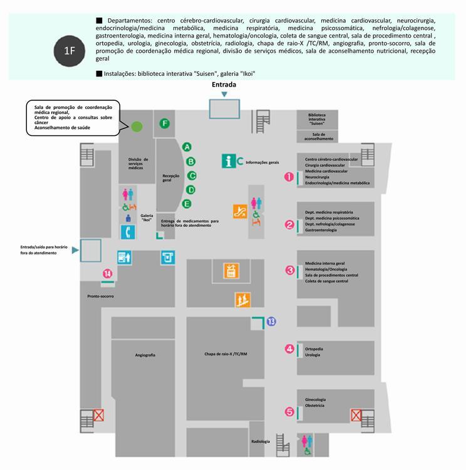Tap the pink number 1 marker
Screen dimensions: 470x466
coord(289,177)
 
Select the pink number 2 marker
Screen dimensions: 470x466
coord(289,224)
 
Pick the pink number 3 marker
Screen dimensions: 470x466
coord(289,270)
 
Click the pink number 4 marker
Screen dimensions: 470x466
coord(289,349)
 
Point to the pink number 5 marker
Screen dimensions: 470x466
coord(289,412)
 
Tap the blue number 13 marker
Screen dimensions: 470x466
coord(271,321)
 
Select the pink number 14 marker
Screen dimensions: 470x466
coord(108,273)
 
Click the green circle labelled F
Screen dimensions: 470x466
coord(165,123)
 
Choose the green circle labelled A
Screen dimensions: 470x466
coord(187,147)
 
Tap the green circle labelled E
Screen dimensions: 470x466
coord(187,204)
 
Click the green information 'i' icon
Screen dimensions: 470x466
coord(229,160)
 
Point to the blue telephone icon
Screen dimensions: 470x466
coord(128,232)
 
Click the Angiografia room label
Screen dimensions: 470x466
coord(145,355)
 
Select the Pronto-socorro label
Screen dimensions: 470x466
coord(100,295)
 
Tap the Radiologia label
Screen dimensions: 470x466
coord(261,442)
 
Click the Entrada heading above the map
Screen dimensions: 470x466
coord(224,85)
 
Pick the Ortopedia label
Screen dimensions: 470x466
coord(314,348)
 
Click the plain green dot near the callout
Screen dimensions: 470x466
coord(137,127)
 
